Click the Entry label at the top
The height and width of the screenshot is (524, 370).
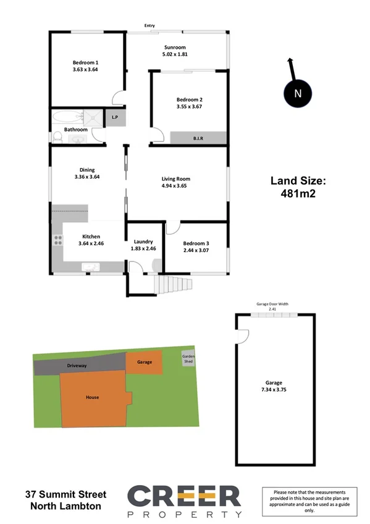tap(149, 25)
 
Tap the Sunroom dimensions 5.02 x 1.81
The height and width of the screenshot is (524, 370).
tap(175, 55)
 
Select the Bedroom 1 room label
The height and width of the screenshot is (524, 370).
tap(85, 62)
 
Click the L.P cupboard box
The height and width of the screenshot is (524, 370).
tap(115, 117)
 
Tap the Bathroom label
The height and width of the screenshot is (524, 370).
tap(76, 130)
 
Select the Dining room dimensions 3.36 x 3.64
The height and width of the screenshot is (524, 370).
tap(86, 177)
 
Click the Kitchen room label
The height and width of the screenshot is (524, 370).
tap(92, 235)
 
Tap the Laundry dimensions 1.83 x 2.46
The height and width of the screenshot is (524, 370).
tap(144, 248)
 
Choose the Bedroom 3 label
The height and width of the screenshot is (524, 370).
tap(196, 242)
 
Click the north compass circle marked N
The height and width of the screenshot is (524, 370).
tap(298, 93)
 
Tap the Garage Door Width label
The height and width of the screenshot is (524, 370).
tap(272, 303)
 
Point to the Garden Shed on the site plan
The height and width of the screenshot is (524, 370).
tap(188, 359)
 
